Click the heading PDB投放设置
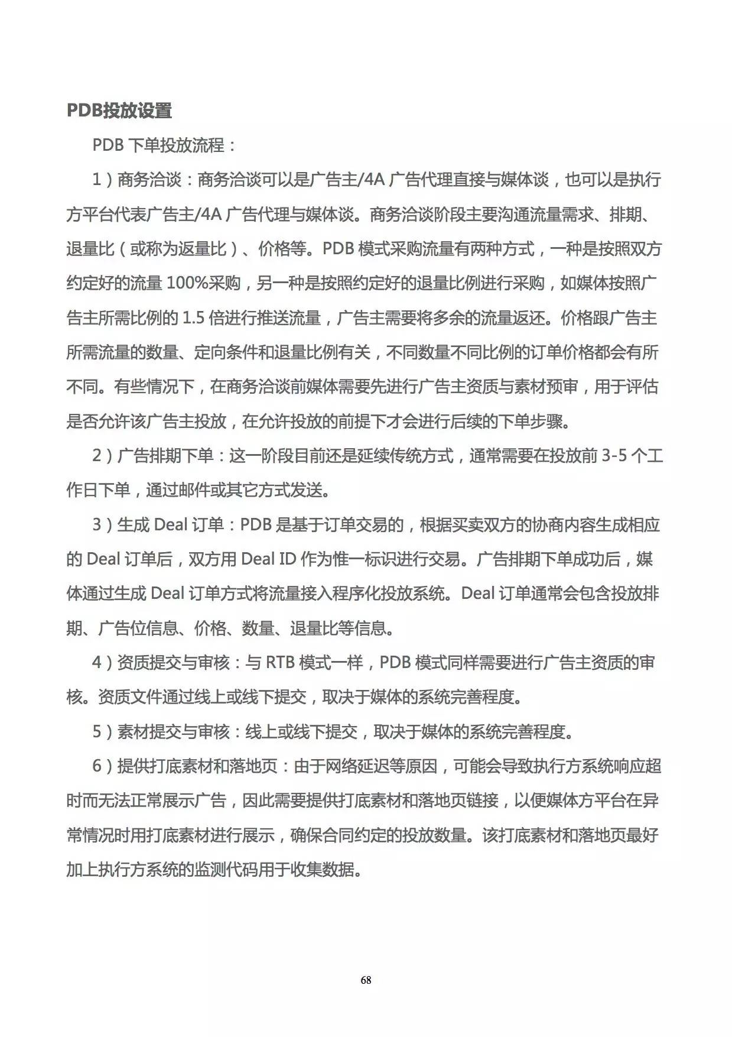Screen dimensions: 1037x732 coord(119,111)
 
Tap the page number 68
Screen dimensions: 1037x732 coord(366,980)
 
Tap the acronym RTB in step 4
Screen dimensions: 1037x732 coord(280,663)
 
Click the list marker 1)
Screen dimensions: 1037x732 coord(102,180)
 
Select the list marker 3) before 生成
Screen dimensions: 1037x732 coord(102,525)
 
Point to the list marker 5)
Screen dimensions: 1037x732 coord(102,732)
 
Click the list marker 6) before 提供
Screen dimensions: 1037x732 coord(102,767)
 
